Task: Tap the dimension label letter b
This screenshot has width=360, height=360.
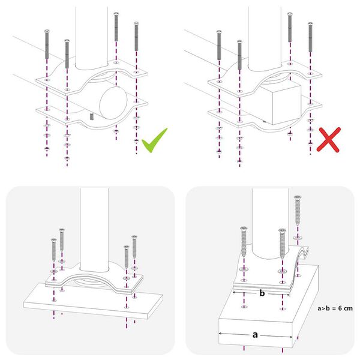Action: [262, 293]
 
